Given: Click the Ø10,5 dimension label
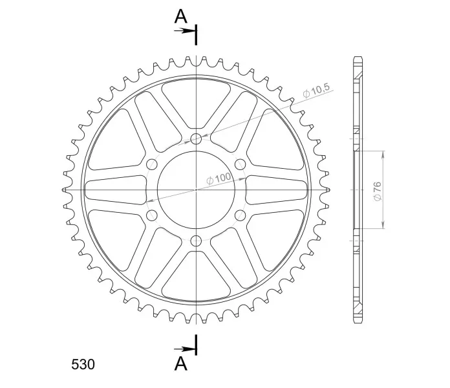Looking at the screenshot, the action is (x=316, y=91).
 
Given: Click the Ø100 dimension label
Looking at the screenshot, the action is (x=219, y=178).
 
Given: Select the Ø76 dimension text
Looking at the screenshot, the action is (x=378, y=191).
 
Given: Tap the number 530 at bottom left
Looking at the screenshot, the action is (x=83, y=365).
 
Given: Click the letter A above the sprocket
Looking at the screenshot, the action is (x=181, y=16).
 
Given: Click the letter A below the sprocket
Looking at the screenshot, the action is (x=181, y=363).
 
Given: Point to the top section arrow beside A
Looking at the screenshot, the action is (x=184, y=30).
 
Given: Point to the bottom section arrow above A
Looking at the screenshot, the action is (x=184, y=349).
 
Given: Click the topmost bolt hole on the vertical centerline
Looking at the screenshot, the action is (x=197, y=139).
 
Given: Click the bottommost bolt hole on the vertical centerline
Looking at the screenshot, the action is (x=197, y=241).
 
